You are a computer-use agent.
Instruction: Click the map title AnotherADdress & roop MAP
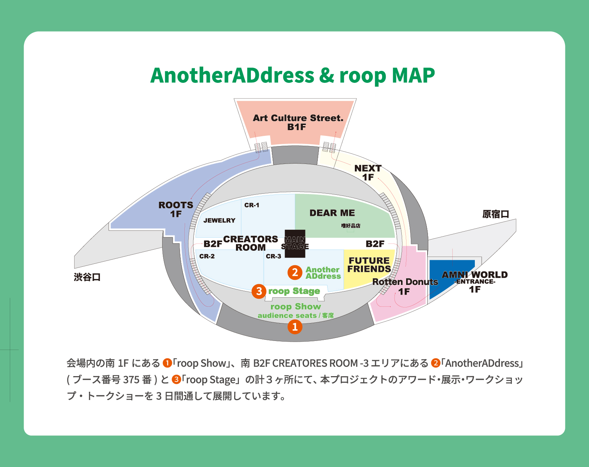pos(292,75)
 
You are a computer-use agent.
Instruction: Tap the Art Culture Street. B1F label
pos(298,122)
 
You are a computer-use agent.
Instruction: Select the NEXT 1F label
pos(368,172)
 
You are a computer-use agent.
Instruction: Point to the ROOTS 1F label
pos(176,209)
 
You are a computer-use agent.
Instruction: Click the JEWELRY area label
pos(219,220)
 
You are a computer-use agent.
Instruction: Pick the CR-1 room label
pos(252,205)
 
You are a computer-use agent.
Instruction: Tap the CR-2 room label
pos(207,256)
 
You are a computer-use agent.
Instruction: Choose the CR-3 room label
pos(273,256)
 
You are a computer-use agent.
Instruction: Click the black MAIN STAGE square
pos(295,243)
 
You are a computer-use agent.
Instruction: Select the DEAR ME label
pos(332,213)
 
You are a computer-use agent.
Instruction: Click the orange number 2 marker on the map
pos(295,272)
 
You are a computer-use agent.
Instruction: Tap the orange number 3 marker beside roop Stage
pos(259,291)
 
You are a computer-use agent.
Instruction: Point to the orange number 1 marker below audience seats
pos(295,327)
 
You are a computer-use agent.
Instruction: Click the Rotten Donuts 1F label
pos(405,286)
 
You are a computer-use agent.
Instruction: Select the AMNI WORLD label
pos(474,275)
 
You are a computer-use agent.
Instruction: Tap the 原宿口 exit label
pos(496,214)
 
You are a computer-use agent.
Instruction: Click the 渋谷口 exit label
pos(87,277)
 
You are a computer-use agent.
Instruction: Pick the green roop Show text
pos(296,307)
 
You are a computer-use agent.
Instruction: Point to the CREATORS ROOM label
pos(251,243)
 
